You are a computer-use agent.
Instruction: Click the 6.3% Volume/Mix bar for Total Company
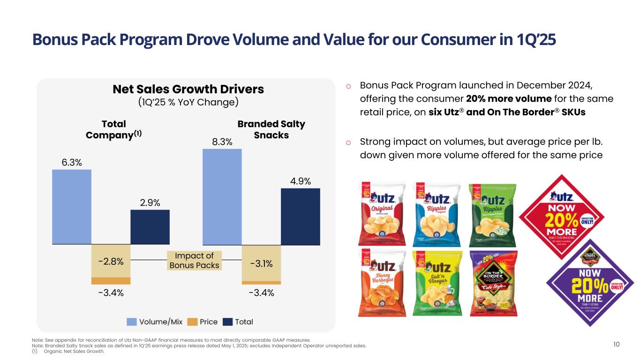(72, 207)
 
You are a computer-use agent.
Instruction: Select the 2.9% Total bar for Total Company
(150, 227)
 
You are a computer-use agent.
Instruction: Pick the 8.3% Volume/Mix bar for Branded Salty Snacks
(222, 197)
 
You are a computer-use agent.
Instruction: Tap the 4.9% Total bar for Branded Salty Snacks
(300, 216)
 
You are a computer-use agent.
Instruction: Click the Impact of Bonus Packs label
(194, 261)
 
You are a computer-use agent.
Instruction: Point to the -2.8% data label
(111, 262)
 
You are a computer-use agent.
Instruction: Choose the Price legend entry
(203, 322)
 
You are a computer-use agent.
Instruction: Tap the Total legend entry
(238, 322)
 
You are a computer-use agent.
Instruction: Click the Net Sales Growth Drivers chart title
(188, 89)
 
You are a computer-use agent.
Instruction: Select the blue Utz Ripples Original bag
(431, 213)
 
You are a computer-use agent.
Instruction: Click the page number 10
(616, 345)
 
